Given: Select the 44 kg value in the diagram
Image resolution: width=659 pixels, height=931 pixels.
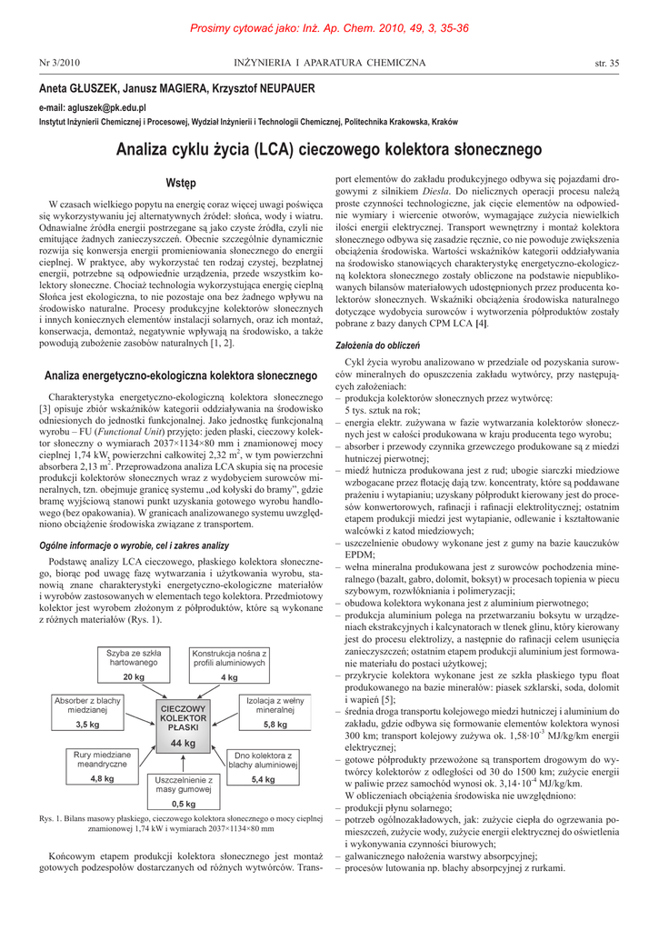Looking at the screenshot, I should coord(184,743).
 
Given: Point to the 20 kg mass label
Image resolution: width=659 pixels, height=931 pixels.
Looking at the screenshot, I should coord(134,677).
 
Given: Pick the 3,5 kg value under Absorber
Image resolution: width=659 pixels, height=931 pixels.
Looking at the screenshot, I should coord(88,724).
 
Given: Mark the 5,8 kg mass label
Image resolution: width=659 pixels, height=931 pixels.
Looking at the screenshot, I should coord(275,725).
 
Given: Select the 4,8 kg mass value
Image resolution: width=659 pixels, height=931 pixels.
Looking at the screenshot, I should coord(103,779).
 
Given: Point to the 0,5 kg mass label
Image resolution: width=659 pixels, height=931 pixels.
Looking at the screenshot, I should coord(184,804).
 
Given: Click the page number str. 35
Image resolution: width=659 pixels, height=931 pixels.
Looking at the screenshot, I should coord(606,63).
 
